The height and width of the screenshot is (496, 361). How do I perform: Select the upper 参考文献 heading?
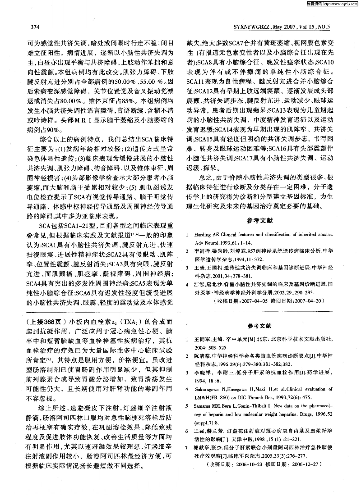(x=259, y=220)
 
